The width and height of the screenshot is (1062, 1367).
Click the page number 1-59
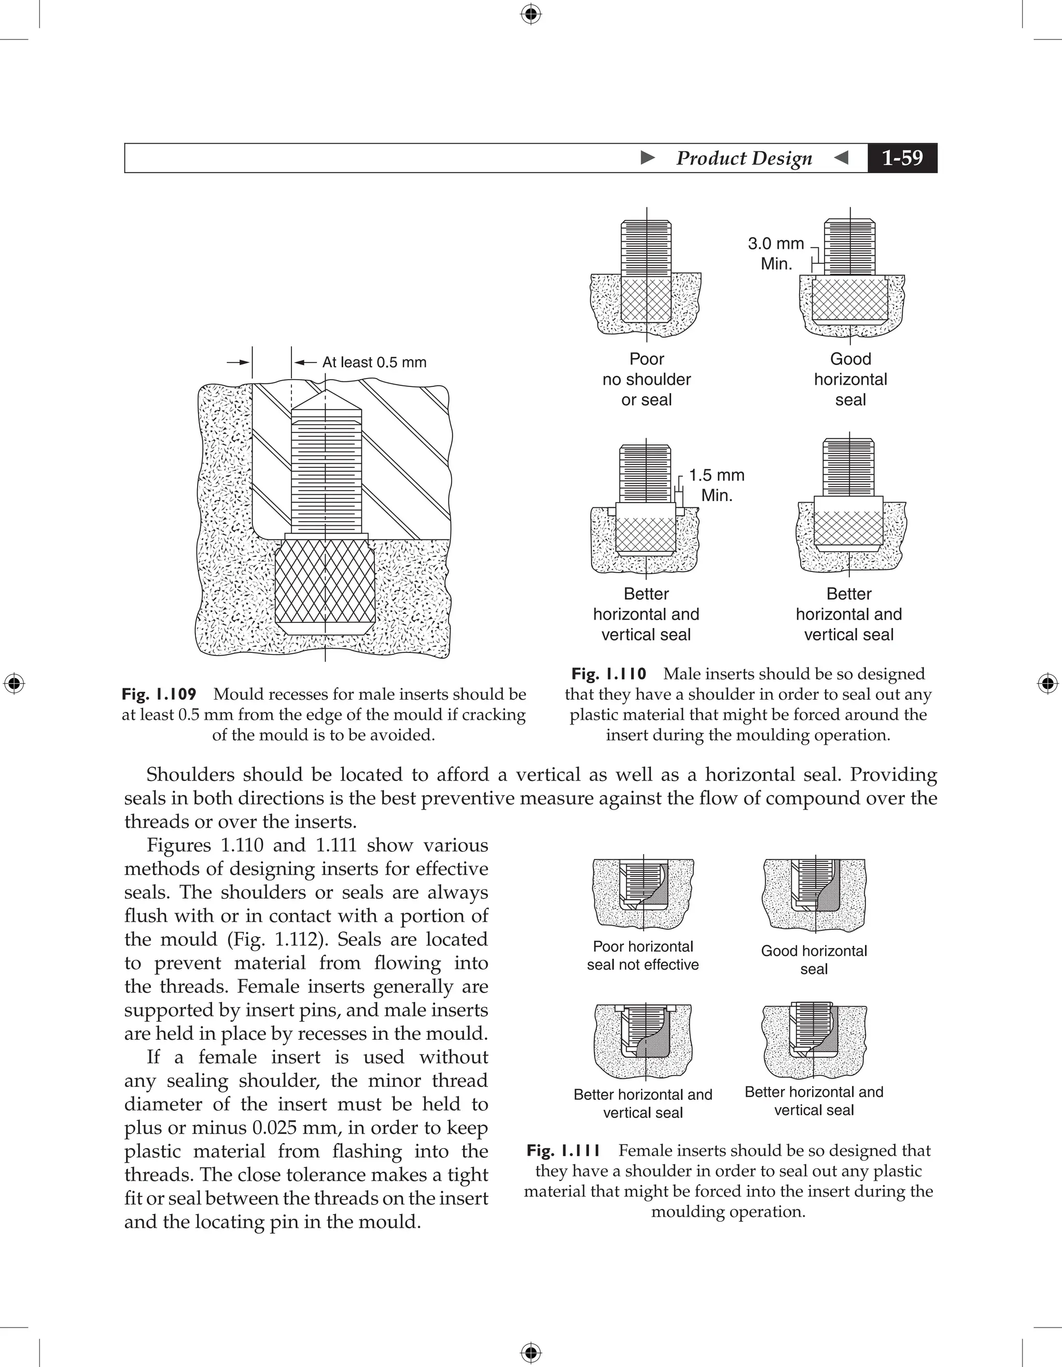click(902, 158)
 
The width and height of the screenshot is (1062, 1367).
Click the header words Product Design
click(744, 158)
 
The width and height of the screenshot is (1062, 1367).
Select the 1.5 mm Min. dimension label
click(717, 485)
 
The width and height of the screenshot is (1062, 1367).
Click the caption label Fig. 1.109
click(159, 694)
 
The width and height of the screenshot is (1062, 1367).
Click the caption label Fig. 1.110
click(608, 674)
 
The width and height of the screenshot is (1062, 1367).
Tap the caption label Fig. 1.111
click(563, 1150)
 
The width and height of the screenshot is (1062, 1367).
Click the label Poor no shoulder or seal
click(647, 379)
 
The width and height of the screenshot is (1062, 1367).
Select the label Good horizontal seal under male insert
click(850, 379)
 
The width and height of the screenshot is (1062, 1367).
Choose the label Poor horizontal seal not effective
click(642, 955)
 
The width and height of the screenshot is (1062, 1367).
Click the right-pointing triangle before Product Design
click(648, 158)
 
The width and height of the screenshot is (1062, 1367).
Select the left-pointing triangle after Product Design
click(842, 158)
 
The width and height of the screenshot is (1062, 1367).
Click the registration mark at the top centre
click(530, 14)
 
